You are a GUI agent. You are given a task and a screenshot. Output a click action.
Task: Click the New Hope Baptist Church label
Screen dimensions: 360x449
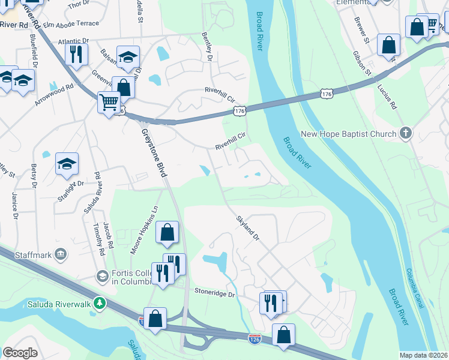tap(348, 134)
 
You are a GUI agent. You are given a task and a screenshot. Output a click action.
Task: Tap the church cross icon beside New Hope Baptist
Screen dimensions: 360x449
tap(406, 133)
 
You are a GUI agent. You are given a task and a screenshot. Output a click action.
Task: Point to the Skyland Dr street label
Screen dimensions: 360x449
tap(247, 228)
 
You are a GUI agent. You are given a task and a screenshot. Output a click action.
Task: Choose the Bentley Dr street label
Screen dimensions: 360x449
tap(207, 46)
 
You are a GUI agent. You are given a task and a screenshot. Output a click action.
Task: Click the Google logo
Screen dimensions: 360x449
tap(20, 352)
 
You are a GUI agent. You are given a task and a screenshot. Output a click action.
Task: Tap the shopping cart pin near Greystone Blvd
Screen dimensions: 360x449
tap(109, 103)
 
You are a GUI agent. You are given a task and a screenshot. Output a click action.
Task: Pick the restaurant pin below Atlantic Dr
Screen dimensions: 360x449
tap(76, 55)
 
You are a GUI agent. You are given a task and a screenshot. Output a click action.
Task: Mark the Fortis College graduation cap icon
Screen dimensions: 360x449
tap(101, 276)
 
